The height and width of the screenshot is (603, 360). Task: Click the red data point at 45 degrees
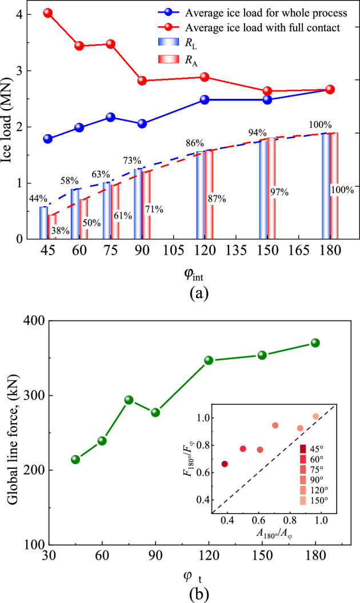coord(48,13)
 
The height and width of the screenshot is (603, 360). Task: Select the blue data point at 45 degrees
coord(48,139)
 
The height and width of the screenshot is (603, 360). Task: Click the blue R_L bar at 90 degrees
coord(138,203)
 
